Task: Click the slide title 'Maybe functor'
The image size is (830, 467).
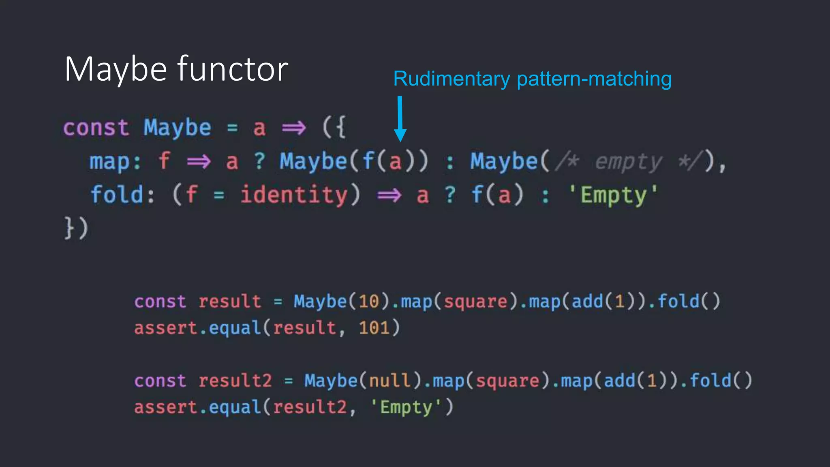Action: point(176,69)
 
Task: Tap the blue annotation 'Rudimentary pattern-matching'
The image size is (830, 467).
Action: point(532,79)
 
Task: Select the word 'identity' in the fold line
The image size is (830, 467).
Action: point(294,195)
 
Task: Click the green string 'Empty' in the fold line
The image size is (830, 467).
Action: point(614,195)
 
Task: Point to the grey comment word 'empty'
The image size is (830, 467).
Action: point(628,162)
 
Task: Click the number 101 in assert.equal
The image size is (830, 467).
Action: point(374,328)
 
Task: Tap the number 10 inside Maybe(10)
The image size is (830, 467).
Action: point(369,302)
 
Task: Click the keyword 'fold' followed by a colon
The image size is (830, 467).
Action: point(117,195)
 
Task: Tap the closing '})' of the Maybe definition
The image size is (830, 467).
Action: point(76,228)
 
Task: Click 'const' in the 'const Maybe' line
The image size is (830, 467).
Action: point(96,128)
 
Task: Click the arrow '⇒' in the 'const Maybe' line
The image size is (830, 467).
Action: point(294,129)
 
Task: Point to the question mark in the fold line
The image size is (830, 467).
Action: point(450,195)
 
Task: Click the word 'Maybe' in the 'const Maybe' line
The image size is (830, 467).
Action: point(178,128)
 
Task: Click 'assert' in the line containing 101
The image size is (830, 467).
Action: point(165,328)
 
